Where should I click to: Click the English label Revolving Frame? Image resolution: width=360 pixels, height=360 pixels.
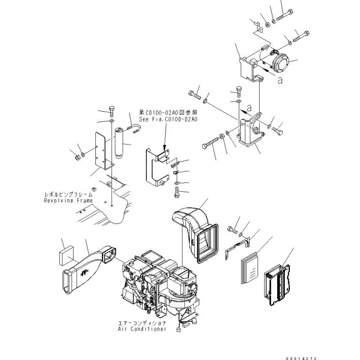coord(68,201)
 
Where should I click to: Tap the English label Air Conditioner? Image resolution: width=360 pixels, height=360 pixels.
coord(142,329)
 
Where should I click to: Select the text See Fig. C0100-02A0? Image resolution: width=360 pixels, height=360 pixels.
coord(168,119)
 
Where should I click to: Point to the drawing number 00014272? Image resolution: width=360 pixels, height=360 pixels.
coord(301,358)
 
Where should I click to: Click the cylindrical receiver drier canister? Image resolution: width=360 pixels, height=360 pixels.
coord(119,143)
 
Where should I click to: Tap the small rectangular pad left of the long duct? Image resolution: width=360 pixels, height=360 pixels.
coord(66,256)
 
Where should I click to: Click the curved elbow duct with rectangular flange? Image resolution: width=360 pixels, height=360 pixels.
coord(195,234)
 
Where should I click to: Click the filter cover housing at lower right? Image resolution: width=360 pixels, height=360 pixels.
coord(277,285)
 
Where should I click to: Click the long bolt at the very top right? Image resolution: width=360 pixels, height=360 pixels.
coord(285,15)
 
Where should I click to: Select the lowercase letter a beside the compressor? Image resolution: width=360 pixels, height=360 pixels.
coord(280,81)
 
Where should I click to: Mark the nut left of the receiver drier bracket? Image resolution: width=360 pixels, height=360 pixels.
coord(77,157)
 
